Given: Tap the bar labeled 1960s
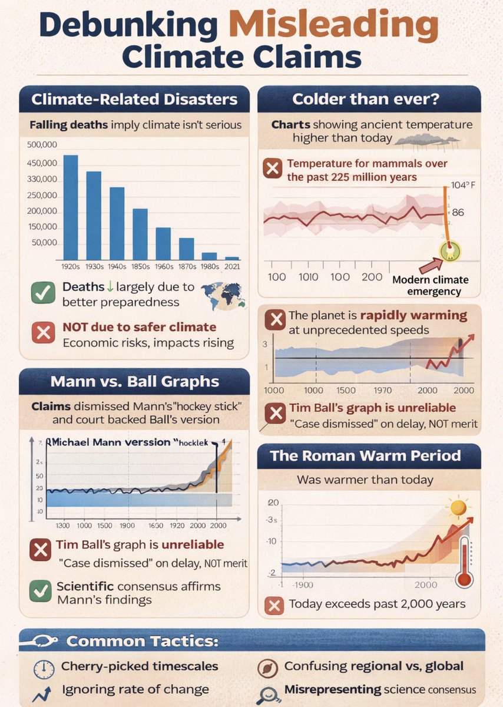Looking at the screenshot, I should (163, 243).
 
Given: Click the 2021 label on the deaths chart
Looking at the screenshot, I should (232, 266).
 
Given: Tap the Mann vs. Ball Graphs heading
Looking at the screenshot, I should (134, 381).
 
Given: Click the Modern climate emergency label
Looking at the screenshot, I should (428, 285).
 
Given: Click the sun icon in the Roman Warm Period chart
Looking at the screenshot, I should (457, 506).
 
